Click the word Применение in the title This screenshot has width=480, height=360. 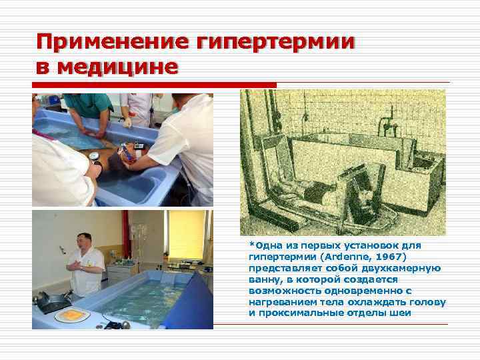click(x=113, y=43)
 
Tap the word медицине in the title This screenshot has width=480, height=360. click(x=119, y=67)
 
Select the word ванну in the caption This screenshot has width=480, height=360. click(x=265, y=279)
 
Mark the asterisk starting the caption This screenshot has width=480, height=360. click(x=251, y=244)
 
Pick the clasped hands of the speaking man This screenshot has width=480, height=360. click(x=75, y=265)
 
